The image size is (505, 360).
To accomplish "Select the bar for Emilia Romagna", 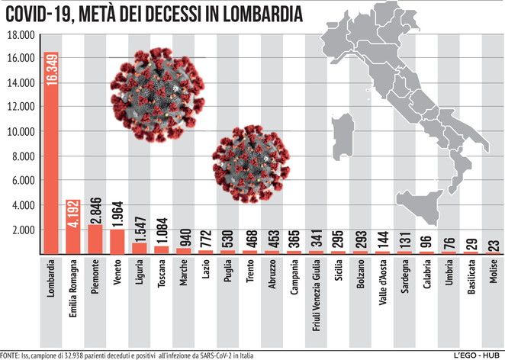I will [74, 229].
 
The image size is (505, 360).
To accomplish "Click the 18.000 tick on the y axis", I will [21, 35].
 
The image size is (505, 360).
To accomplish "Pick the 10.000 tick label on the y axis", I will [21, 132].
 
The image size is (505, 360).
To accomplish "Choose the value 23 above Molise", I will [494, 245].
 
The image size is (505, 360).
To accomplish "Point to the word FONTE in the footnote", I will [10, 355].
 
